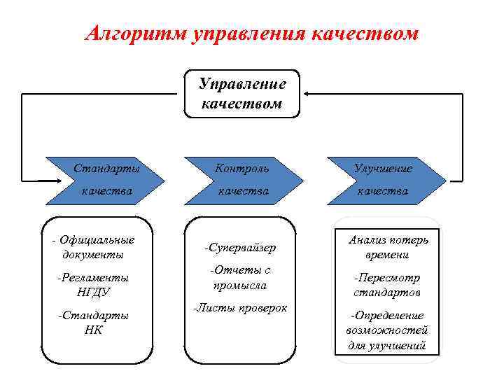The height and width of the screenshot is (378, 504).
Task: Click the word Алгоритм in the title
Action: coord(134,34)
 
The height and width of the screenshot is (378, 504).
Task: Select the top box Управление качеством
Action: coord(242,94)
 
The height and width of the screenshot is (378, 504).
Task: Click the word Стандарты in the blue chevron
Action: coord(107,168)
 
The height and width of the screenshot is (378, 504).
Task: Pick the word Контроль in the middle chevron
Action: coord(242,168)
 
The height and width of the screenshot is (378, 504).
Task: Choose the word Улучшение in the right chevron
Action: coord(383,168)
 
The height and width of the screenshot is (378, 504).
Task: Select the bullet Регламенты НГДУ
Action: coord(95,284)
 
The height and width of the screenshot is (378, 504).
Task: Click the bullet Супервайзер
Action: coord(239,247)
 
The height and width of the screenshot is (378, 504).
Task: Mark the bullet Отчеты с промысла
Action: coord(239,278)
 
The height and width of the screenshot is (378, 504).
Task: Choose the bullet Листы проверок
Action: coord(239,308)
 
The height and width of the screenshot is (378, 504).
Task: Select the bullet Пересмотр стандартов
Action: coord(387,284)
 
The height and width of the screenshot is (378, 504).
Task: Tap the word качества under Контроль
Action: coord(242,190)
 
